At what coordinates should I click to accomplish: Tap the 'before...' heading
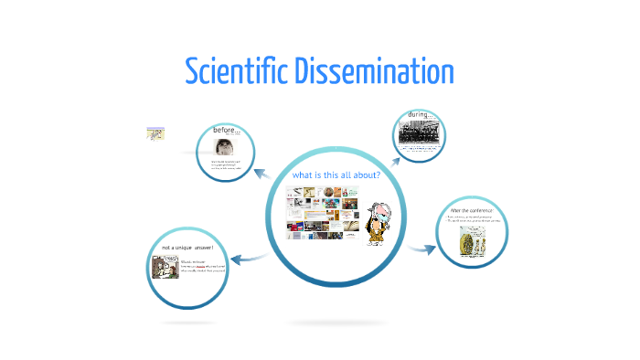point(226,131)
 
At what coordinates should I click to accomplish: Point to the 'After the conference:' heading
point(472,211)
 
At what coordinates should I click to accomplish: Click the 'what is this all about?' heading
point(336,175)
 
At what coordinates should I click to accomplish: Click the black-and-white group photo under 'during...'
point(420,136)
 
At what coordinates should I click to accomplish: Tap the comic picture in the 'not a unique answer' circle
point(165,268)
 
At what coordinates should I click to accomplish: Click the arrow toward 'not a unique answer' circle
point(254,258)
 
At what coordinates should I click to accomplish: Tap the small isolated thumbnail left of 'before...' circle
point(155,133)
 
